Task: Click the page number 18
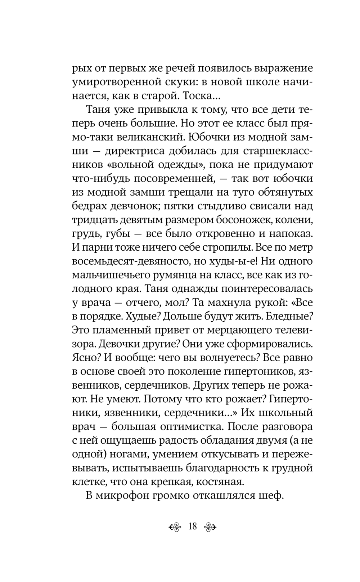click(x=192, y=526)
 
